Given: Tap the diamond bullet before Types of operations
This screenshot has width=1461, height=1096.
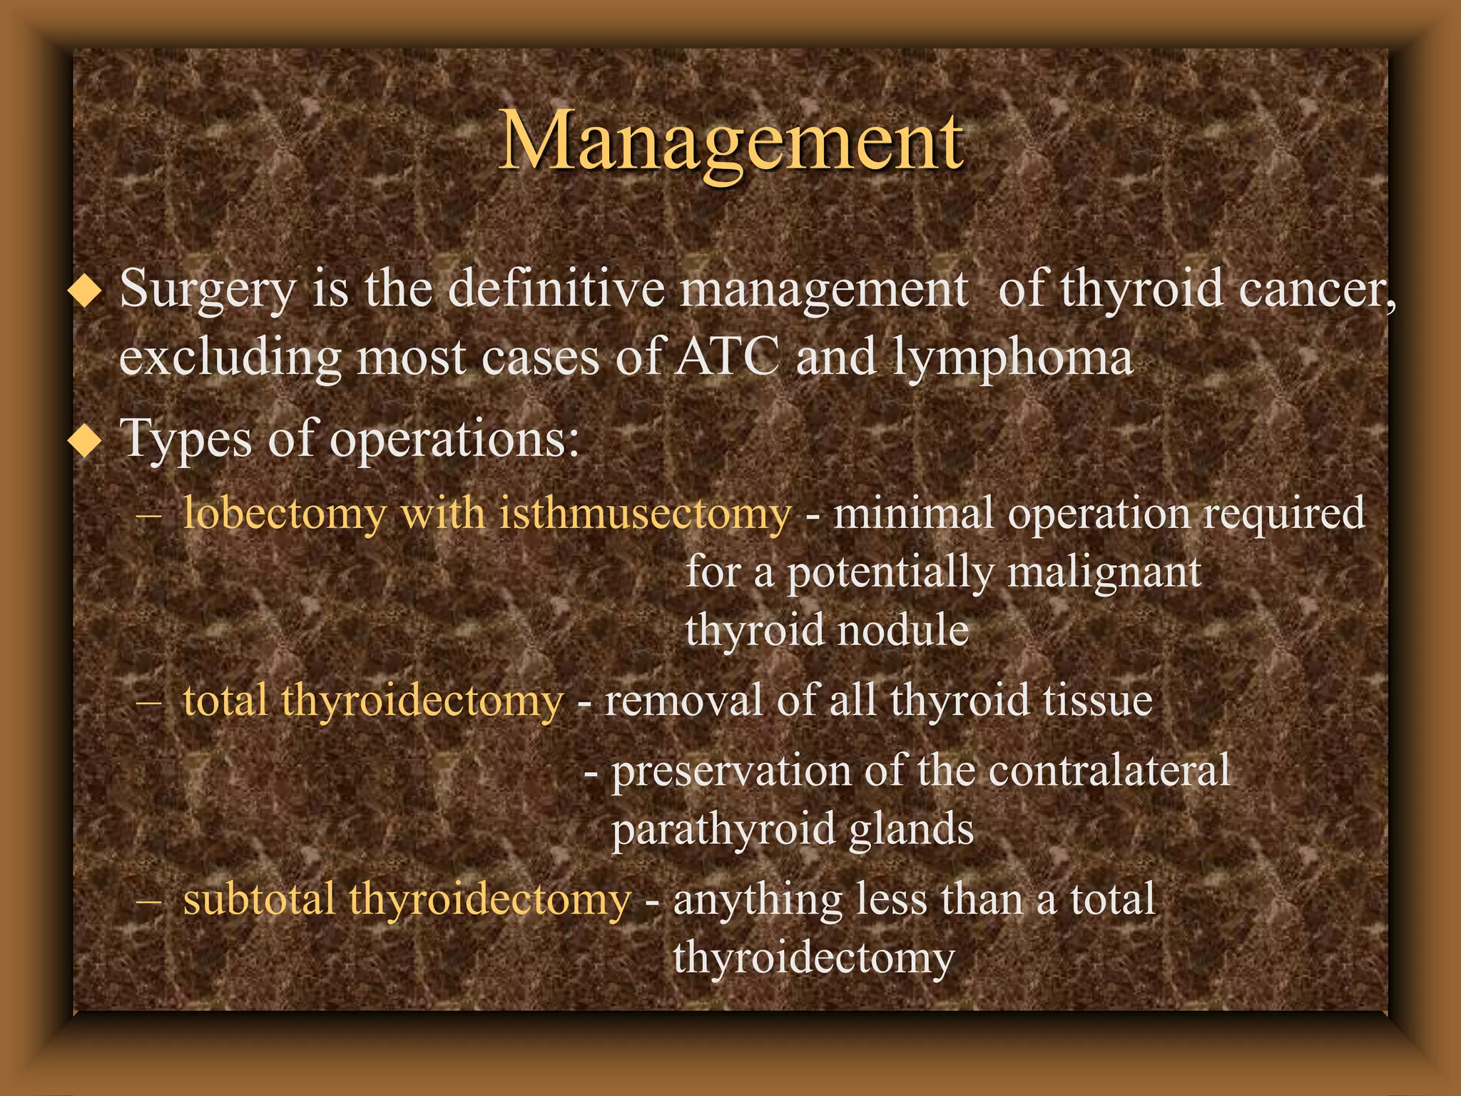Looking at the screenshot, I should [x=85, y=442].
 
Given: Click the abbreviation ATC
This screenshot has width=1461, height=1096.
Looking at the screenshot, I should [x=727, y=356].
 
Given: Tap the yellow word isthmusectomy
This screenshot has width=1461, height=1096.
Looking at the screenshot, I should [x=645, y=514].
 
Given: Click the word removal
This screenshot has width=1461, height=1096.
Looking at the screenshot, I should [x=683, y=700].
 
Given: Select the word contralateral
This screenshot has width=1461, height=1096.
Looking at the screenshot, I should [x=1109, y=770].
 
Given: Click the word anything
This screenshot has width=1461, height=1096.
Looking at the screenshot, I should [x=757, y=900].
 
